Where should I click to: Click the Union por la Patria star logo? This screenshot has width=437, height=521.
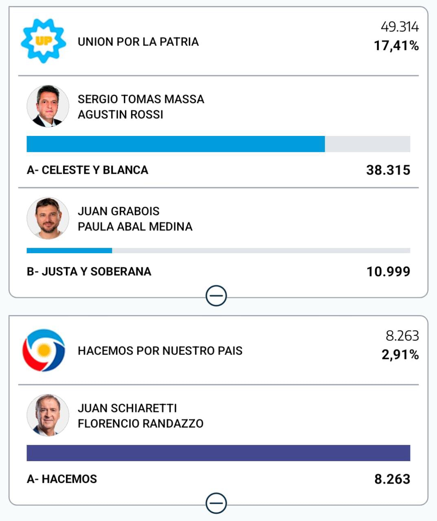(x=43, y=41)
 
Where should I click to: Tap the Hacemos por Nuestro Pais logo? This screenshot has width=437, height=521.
(x=44, y=350)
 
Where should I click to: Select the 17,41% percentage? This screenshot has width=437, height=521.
(x=396, y=46)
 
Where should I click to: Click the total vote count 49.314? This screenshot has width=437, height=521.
(x=400, y=27)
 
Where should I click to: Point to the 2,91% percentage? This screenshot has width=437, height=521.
(x=400, y=355)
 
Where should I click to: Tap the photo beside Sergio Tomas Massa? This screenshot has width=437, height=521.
(x=48, y=106)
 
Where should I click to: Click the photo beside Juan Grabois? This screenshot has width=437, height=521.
(x=48, y=218)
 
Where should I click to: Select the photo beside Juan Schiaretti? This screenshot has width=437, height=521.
(x=48, y=415)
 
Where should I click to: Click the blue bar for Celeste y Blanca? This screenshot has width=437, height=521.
(x=176, y=144)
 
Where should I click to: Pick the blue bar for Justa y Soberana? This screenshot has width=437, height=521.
(x=69, y=251)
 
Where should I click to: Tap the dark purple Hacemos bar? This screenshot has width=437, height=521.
(x=218, y=453)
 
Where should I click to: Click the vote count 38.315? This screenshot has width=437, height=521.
(x=388, y=170)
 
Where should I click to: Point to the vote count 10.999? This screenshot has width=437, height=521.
(x=388, y=271)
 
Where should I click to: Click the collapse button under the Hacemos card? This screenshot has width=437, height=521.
(x=216, y=503)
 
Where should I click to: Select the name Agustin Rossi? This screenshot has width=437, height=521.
(x=121, y=115)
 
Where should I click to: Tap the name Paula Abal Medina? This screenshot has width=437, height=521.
(x=135, y=227)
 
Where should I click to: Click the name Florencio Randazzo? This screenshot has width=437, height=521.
(x=141, y=424)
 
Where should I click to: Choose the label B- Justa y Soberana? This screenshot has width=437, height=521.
(x=89, y=271)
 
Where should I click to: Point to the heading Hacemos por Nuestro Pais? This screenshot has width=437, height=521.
(x=160, y=350)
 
